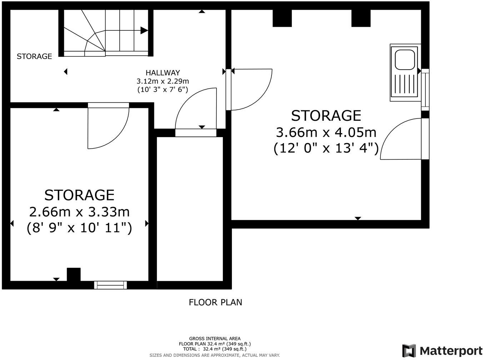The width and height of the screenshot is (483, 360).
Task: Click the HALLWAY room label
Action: coord(163,73)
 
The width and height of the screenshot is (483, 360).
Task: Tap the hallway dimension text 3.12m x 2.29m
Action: coord(163,81)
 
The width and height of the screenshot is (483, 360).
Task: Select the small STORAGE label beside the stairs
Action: coord(34,56)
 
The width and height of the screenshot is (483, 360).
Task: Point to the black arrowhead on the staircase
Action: coord(144,30)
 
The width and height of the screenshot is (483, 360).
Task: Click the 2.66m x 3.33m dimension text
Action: coord(79,212)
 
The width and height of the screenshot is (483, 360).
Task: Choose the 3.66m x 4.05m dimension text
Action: coord(326,132)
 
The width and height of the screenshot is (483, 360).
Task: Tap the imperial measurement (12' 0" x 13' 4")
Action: coord(326,148)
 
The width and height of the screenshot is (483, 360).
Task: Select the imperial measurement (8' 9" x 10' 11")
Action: coord(79,227)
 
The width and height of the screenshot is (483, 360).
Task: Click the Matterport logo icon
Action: coord(409,350)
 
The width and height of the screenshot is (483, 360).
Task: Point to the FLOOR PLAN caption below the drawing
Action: coord(215,302)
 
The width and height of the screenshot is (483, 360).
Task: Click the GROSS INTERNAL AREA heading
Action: coord(215,339)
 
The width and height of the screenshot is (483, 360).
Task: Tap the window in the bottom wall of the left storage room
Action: coord(110,285)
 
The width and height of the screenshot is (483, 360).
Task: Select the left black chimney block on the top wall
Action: coord(282,19)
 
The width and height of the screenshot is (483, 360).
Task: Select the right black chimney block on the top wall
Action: coord(361,19)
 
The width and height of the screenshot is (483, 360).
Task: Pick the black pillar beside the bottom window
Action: coord(74,275)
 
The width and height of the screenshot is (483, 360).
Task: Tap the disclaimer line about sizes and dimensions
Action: coord(215,355)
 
